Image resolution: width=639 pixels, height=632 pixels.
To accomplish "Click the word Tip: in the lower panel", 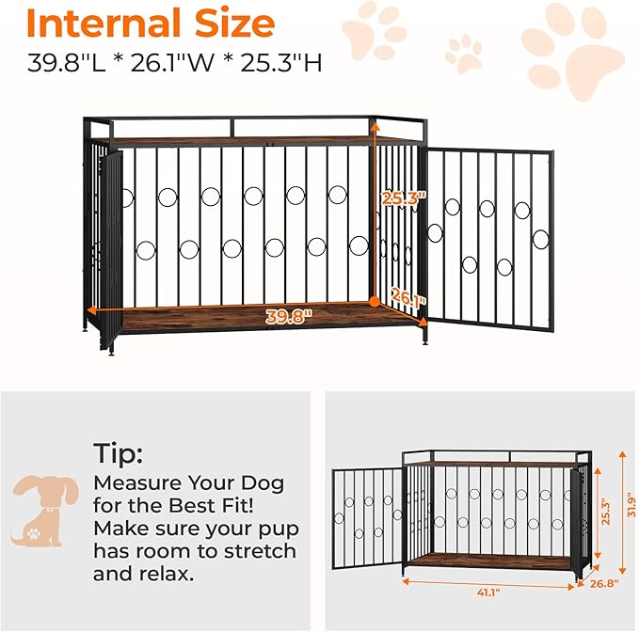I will pyautogui.click(x=118, y=454).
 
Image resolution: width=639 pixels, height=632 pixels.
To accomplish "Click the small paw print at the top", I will pyautogui.click(x=463, y=54).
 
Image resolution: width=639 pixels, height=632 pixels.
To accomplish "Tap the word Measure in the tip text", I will pyautogui.click(x=137, y=482).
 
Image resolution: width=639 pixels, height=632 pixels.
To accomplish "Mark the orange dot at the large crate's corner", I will pyautogui.click(x=374, y=301).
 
